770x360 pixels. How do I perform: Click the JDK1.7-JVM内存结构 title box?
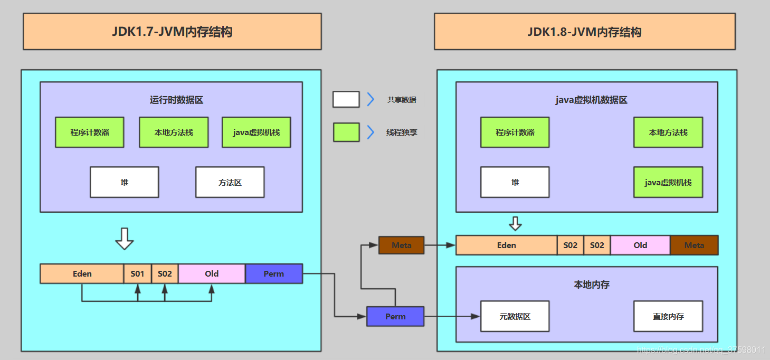172,32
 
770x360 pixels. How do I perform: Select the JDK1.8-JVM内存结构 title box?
584,32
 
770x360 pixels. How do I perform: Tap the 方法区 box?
230,182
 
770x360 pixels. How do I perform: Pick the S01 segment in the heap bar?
138,273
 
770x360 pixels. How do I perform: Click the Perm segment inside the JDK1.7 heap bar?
273,273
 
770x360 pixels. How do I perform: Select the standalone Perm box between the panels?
395,316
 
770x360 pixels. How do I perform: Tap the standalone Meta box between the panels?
402,245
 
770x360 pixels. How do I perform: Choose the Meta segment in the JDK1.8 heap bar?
694,245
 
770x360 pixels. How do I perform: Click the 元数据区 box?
515,316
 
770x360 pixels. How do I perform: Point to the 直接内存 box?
668,316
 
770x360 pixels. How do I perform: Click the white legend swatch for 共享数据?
346,99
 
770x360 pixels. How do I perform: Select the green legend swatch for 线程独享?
346,132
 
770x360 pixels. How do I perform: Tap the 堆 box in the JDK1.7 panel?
124,182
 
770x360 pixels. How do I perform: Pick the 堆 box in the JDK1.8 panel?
515,182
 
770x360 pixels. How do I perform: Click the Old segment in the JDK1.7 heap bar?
212,273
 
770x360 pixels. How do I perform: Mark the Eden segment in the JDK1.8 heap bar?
506,245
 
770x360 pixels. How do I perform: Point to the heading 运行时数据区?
176,100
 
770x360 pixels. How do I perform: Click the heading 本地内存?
591,285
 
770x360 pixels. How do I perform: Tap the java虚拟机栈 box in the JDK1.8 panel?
668,182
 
